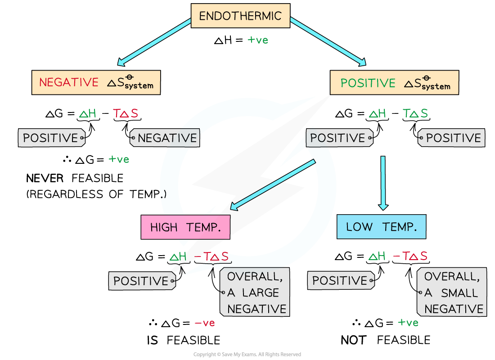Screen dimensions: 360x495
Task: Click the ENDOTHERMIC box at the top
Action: click(x=240, y=16)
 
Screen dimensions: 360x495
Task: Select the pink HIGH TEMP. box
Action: click(x=185, y=227)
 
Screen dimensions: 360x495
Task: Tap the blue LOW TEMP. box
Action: click(x=381, y=227)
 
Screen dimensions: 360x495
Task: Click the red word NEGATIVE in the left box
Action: click(x=69, y=82)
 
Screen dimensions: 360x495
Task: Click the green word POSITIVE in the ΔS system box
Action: click(x=368, y=83)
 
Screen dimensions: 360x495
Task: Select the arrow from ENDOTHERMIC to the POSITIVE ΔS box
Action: click(x=328, y=41)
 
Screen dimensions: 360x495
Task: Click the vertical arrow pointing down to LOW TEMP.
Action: click(x=383, y=182)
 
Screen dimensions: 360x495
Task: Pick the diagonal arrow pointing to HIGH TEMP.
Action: click(x=273, y=184)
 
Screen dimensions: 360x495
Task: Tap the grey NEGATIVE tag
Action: click(x=165, y=138)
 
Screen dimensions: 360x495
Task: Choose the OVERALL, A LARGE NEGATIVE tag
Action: click(x=255, y=292)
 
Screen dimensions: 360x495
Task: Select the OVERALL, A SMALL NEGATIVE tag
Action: click(x=452, y=293)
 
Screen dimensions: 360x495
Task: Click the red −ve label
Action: click(x=205, y=323)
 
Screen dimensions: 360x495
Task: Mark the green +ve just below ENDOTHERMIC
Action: click(x=258, y=40)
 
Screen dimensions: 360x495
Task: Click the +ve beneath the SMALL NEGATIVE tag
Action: click(x=408, y=323)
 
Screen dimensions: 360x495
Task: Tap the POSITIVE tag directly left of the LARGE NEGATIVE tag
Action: click(x=142, y=281)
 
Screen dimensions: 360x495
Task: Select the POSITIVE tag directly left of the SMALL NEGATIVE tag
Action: click(x=341, y=281)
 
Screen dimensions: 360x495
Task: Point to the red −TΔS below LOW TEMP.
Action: click(x=410, y=256)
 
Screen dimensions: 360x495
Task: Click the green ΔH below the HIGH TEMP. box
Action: click(x=178, y=257)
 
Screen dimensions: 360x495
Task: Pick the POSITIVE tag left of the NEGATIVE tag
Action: click(x=51, y=138)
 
